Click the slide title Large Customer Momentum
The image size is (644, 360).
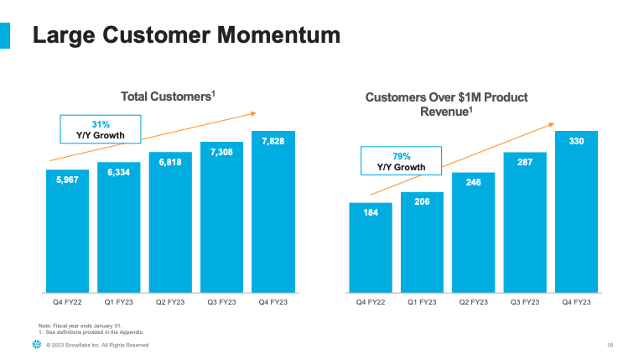(186, 35)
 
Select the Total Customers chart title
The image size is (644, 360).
(169, 97)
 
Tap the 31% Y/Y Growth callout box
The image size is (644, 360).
(101, 129)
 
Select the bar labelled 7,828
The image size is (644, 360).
(273, 218)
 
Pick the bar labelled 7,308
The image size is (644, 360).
(221, 222)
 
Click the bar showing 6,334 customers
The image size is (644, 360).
(119, 231)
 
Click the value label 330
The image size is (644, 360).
(576, 142)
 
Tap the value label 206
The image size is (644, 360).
(422, 202)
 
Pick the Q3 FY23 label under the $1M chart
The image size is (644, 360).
(525, 301)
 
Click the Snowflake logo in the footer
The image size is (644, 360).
(35, 345)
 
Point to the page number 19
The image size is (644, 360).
(610, 345)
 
